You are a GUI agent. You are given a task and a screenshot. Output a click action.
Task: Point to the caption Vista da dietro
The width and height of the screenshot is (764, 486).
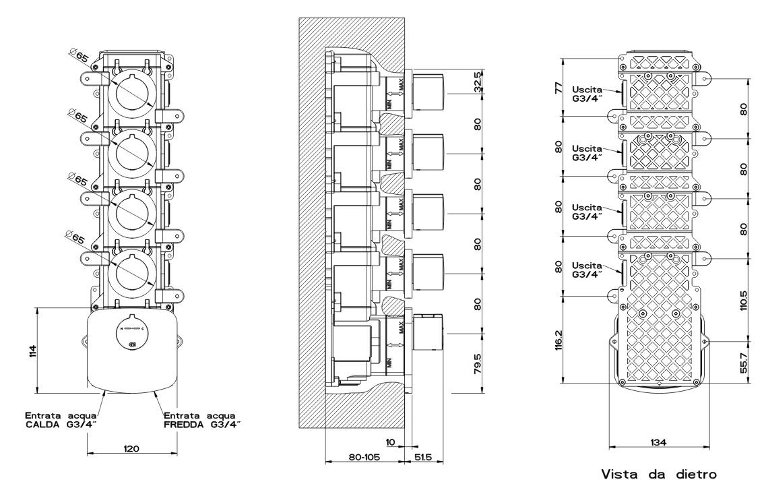click(x=659, y=475)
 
